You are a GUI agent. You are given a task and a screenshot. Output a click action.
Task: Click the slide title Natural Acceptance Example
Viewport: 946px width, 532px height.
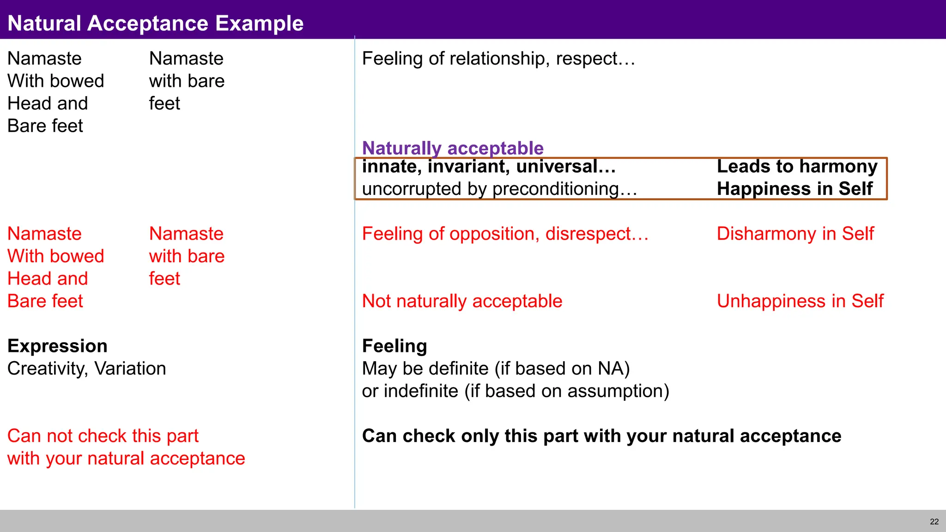coord(155,23)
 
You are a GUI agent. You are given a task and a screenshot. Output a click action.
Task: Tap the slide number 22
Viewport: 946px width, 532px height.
coord(934,522)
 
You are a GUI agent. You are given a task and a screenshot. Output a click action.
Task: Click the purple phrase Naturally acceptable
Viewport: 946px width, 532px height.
coord(453,148)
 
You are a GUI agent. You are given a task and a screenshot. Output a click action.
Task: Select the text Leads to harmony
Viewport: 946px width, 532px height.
coord(797,166)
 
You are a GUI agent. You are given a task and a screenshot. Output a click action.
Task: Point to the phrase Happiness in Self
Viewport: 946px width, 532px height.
coord(794,189)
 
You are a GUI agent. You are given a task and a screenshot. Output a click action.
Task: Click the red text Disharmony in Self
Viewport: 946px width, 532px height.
coord(795,234)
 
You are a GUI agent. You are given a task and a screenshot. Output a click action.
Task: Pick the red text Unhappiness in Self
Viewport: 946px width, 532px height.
coord(800,301)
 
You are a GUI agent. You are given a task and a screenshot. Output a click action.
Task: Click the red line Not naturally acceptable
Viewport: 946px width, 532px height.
coord(462,301)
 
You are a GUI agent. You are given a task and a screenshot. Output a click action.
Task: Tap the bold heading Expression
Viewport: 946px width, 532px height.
coord(57,346)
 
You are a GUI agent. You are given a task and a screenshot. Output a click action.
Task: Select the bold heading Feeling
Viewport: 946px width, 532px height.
coord(394,346)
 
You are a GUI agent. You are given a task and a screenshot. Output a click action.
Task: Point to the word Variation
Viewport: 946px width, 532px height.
coord(130,369)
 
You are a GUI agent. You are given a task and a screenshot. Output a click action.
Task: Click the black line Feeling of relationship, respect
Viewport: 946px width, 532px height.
coord(498,59)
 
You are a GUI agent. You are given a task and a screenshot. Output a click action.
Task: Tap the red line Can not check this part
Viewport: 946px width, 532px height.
coord(103,436)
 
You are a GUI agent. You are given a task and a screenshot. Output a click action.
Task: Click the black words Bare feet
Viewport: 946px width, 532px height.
coord(45,126)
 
